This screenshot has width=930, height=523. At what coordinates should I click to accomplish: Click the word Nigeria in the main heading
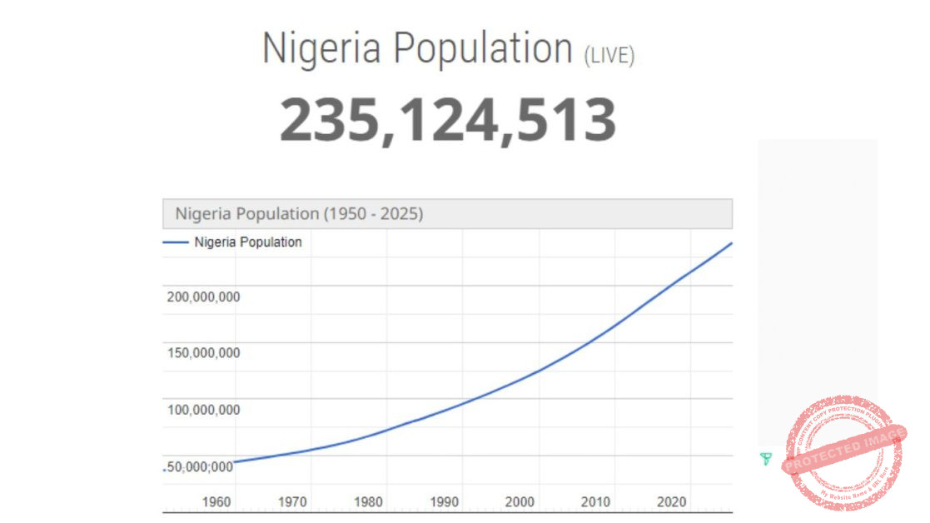321,48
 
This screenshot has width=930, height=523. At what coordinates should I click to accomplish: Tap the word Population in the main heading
483,48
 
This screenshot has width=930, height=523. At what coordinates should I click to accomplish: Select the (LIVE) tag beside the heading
609,56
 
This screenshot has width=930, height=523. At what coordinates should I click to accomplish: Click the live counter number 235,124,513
448,119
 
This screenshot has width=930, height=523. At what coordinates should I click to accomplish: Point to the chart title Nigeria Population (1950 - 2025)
299,214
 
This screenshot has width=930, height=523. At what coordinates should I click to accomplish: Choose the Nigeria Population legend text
248,242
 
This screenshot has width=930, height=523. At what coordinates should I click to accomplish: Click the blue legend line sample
176,242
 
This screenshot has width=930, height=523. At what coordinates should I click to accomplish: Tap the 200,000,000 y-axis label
203,296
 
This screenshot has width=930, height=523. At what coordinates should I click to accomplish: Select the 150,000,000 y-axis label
203,353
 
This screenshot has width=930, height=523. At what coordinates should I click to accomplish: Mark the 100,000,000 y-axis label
203,410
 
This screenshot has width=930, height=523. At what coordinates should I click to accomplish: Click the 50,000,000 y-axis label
200,466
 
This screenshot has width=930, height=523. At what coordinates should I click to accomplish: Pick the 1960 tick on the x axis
216,502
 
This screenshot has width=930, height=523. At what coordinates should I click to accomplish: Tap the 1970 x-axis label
292,502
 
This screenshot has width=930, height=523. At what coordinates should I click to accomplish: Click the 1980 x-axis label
368,502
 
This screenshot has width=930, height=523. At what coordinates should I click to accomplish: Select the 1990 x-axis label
444,502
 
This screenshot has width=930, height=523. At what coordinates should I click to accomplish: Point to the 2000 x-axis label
520,502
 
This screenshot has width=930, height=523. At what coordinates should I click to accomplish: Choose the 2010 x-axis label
595,502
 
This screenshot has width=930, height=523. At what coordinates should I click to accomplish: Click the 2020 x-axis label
671,502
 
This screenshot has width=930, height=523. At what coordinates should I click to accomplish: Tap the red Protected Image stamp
843,453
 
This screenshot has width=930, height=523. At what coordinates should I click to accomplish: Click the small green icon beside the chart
766,458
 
